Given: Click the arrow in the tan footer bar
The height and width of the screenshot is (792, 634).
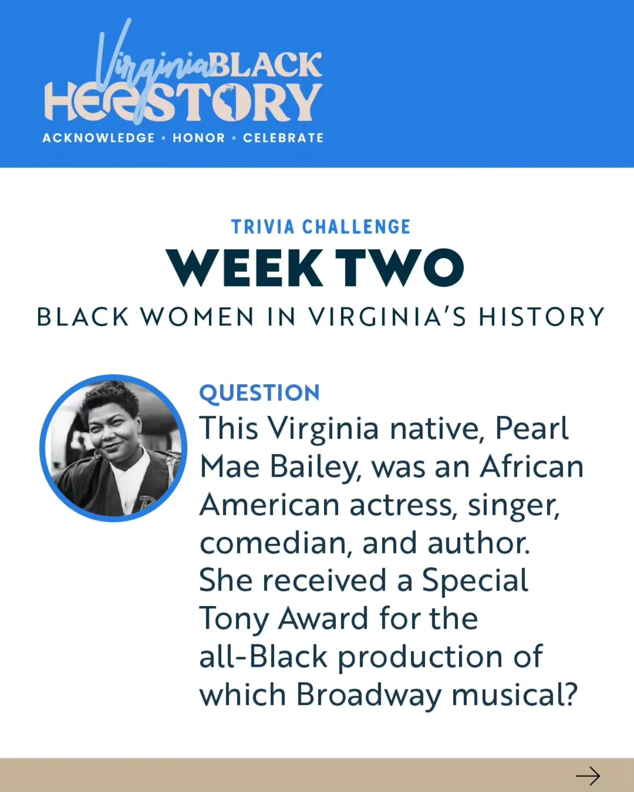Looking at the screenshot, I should point(588,776).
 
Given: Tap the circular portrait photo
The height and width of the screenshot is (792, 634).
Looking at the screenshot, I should point(114,448).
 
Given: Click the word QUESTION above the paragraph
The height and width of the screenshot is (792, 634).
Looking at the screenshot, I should point(259,393).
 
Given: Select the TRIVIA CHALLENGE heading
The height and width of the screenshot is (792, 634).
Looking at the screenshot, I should point(321,227).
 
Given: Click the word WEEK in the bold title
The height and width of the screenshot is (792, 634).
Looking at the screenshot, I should point(245,268).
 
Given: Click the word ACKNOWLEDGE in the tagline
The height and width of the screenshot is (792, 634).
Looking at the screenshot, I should point(99,138).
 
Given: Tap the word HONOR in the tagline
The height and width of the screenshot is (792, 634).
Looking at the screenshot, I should point(199,138).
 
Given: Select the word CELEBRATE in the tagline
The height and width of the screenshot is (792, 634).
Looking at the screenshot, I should point(283,138).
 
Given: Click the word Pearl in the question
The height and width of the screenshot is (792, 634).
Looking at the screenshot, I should point(531,428).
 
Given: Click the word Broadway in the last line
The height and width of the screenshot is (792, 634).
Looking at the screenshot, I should point(369,695).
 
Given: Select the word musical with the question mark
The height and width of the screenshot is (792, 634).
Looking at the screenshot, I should point(514,695).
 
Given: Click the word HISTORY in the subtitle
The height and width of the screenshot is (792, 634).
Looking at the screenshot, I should point(542,317).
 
